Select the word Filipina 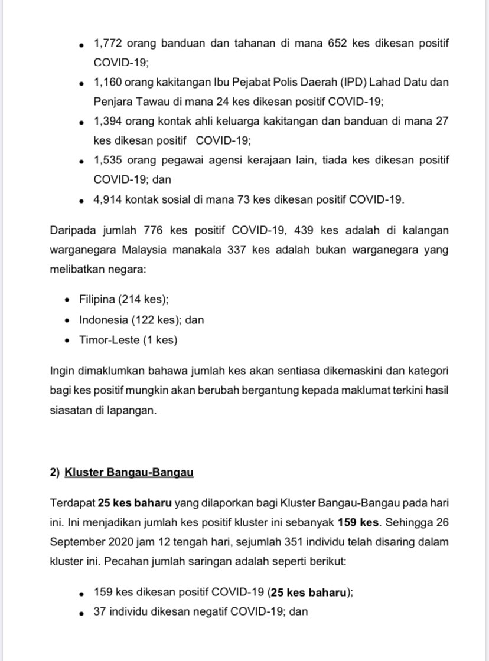[x=98, y=300]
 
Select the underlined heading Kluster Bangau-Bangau [x=129, y=472]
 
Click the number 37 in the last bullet [x=99, y=612]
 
